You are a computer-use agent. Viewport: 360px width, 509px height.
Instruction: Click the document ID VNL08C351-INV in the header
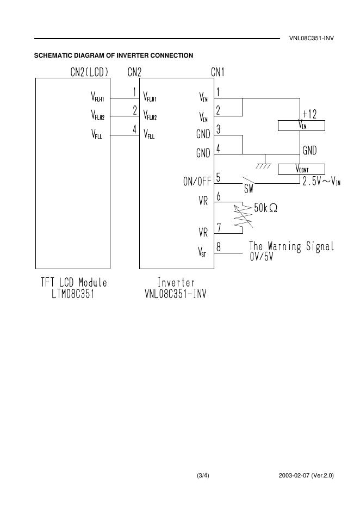click(311, 39)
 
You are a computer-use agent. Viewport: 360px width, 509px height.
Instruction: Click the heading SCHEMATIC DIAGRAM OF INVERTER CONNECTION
click(113, 55)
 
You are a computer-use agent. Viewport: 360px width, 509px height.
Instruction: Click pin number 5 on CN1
click(218, 177)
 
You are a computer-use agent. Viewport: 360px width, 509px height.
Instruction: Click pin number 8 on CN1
click(218, 247)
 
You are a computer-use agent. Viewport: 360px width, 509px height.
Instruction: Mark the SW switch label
click(249, 189)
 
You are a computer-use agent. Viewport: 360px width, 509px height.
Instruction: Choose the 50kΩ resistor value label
click(266, 208)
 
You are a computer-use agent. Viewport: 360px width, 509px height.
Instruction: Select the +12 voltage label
click(309, 114)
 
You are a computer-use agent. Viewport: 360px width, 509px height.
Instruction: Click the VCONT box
click(301, 169)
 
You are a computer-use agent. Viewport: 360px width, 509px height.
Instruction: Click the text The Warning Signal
click(291, 247)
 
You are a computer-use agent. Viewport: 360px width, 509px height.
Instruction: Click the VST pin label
click(202, 252)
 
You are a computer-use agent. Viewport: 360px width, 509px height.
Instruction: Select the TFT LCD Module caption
click(74, 283)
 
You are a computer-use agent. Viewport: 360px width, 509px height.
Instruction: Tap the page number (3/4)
click(203, 476)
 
